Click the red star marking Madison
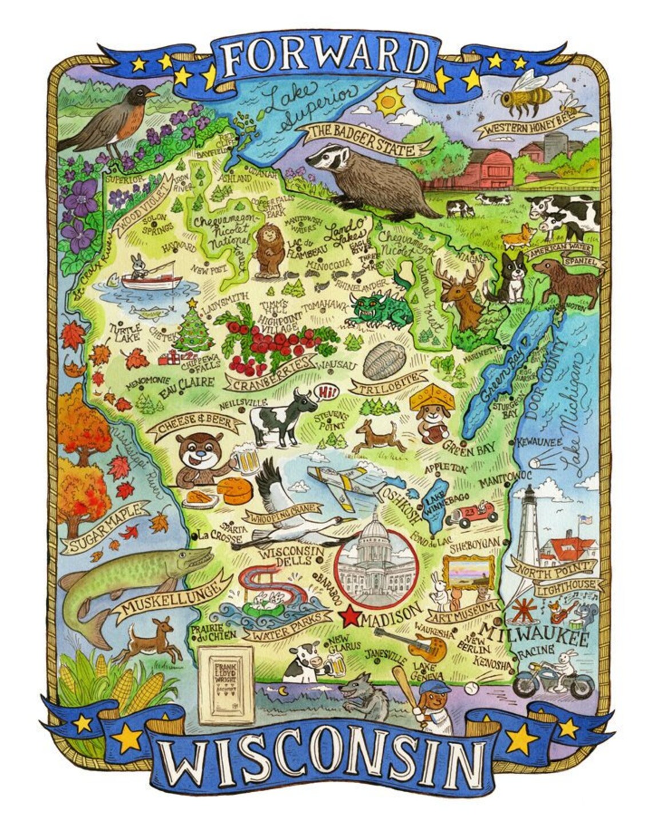pyautogui.click(x=350, y=617)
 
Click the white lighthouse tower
pyautogui.click(x=528, y=527)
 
